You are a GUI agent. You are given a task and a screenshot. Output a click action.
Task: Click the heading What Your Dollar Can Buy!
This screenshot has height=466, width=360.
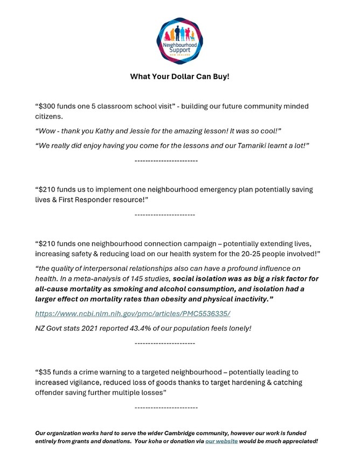pos(179,77)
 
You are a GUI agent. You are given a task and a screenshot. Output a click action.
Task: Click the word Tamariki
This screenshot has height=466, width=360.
pos(252,146)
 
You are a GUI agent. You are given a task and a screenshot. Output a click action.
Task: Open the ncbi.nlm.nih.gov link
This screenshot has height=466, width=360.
pos(133,313)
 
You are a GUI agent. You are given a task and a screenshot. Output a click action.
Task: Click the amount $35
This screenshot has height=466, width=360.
pos(47,372)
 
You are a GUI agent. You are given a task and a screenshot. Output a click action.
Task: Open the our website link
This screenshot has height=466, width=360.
pos(221,441)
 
